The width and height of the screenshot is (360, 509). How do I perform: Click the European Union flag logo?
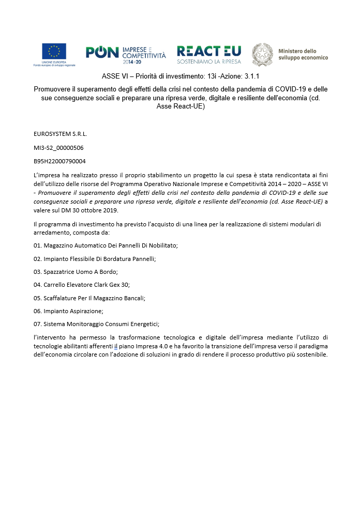[x=54, y=51]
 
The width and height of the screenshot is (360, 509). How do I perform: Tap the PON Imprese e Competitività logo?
[x=126, y=54]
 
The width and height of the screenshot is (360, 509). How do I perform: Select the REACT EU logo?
[x=208, y=54]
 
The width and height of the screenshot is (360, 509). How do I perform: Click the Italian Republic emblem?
[x=262, y=54]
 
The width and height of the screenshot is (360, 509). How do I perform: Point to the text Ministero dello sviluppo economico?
[x=303, y=54]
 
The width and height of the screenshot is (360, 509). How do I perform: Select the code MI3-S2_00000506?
[x=58, y=147]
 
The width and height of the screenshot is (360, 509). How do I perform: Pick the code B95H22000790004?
[x=59, y=161]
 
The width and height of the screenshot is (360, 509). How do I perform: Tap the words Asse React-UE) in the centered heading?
[x=180, y=106]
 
